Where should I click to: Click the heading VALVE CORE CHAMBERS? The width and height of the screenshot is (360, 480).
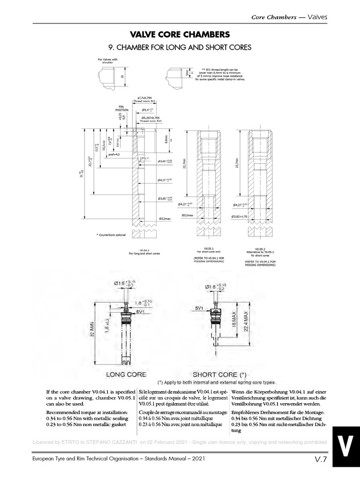[x=180, y=34]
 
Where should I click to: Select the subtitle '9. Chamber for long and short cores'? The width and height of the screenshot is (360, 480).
[x=180, y=47]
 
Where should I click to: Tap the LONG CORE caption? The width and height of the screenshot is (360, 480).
[x=126, y=374]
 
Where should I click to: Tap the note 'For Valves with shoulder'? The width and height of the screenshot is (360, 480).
[x=109, y=61]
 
